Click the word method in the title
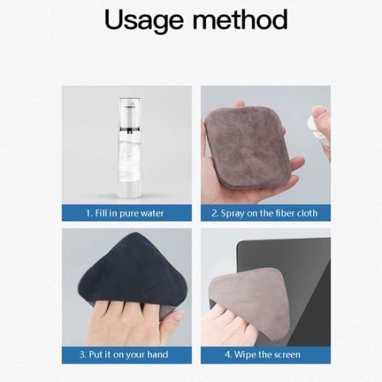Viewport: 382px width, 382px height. [240, 20]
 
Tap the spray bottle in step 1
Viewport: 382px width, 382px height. [129, 148]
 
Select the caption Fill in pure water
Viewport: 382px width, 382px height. [125, 213]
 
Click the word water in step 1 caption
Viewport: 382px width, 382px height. [152, 213]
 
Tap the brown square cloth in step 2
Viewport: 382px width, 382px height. [248, 147]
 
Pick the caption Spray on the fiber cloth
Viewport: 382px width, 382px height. [265, 213]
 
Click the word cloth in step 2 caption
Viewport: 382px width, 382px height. [307, 213]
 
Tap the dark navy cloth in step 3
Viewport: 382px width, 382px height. [131, 271]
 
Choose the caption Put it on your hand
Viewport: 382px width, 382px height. [124, 355]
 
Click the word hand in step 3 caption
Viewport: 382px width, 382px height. [158, 354]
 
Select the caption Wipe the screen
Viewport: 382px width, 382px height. [262, 355]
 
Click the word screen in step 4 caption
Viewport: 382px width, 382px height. [288, 355]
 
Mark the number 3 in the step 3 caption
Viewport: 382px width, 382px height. [82, 355]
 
